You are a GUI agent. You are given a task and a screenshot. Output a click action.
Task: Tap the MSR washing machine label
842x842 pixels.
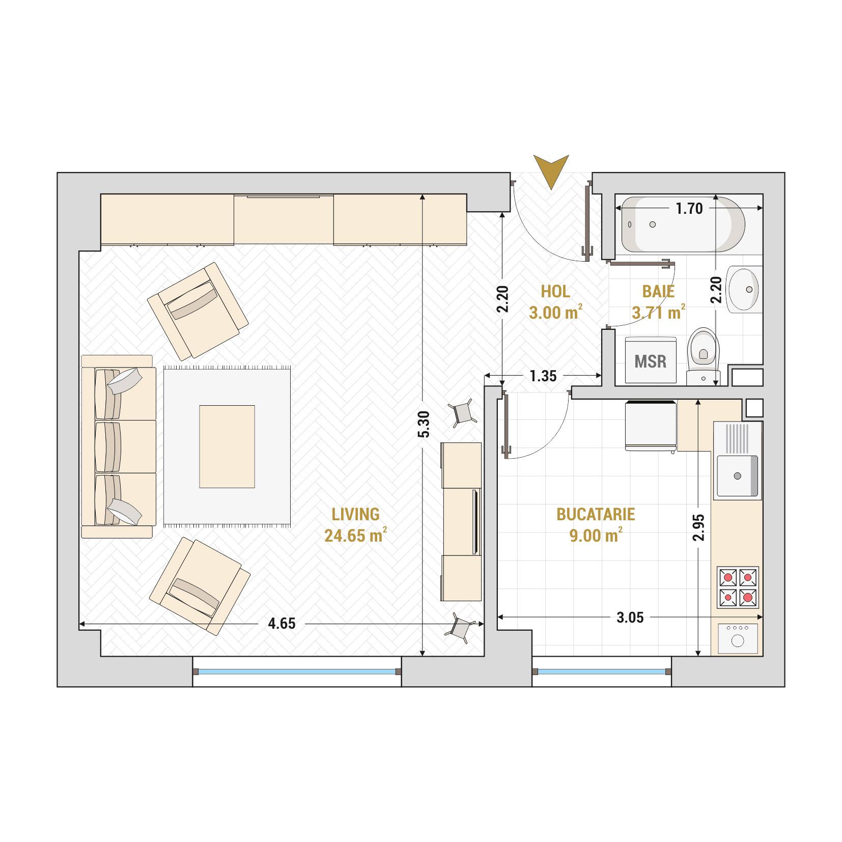tap(650, 361)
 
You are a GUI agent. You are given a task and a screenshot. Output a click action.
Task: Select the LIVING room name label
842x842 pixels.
tap(355, 514)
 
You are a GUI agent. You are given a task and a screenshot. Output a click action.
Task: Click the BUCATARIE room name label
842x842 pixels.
tap(596, 514)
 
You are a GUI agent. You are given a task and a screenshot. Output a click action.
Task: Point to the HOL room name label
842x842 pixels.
tap(555, 292)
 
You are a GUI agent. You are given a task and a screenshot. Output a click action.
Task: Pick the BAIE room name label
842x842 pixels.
tap(658, 292)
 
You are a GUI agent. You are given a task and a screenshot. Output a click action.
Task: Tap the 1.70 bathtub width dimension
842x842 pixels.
tap(689, 208)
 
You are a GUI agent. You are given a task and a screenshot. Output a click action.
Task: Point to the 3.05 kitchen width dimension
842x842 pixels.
tap(630, 618)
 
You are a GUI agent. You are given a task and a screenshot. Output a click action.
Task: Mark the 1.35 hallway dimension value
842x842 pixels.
tap(543, 376)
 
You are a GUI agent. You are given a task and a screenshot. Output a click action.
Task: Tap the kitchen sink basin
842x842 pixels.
tap(738, 476)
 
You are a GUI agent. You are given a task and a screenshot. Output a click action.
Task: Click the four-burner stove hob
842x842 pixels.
tap(738, 587)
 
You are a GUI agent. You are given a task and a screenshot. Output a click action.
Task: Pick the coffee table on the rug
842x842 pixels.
tap(227, 446)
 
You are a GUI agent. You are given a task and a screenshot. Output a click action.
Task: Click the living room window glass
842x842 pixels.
tap(297, 672)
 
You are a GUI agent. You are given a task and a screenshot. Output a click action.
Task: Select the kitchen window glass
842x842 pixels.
tap(601, 672)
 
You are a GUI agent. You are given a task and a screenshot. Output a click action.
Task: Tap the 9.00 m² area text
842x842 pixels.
tap(596, 536)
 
